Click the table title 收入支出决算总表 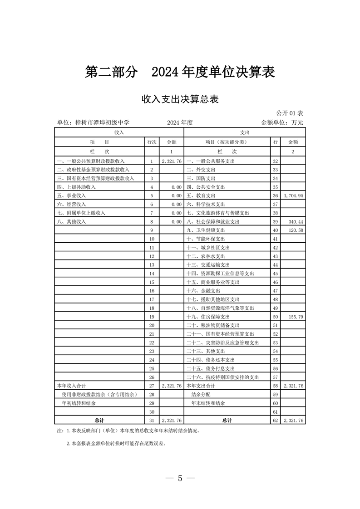pos(180,99)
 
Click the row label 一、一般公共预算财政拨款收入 pos(90,161)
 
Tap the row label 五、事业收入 pos(71,196)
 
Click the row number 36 pos(275,196)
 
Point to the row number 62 pos(275,421)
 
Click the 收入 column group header pos(120,132)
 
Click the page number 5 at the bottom pos(180,478)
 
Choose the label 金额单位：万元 pos(282,122)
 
